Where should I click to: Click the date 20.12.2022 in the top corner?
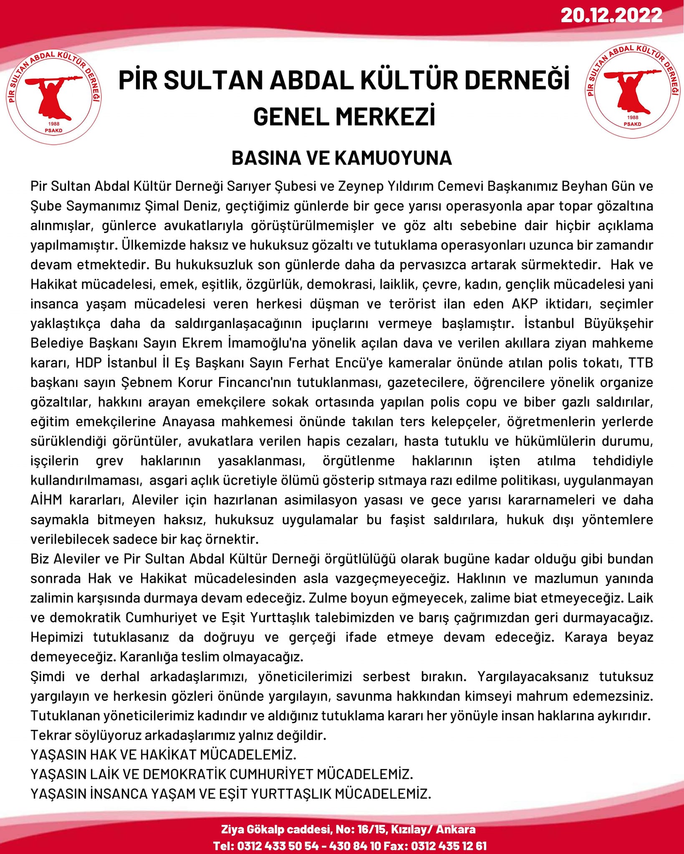611,15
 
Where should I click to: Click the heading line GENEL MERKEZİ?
344,116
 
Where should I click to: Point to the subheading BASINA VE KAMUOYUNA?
342,158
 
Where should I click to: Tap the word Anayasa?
189,422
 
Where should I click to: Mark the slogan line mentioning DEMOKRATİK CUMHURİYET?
222,774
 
